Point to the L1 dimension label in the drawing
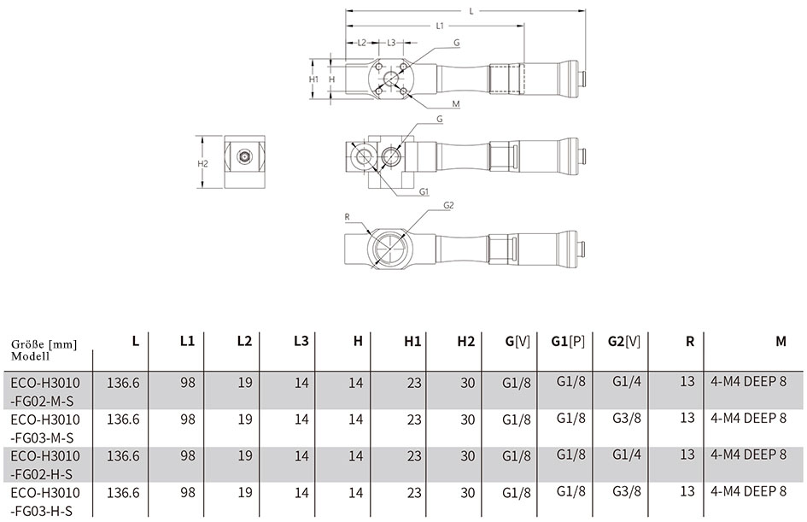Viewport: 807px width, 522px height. pos(440,26)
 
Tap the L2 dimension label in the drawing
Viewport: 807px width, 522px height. pos(362,43)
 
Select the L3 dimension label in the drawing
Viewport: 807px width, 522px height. pos(391,43)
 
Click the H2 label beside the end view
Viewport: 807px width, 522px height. pos(202,164)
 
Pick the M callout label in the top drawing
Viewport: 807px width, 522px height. pos(456,104)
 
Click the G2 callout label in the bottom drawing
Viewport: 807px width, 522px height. pos(449,205)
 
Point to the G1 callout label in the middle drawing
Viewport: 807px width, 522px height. pos(424,191)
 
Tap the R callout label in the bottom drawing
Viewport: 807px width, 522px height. pos(348,217)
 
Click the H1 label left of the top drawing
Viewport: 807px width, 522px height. pos(314,79)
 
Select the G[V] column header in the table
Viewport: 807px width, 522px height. pos(518,342)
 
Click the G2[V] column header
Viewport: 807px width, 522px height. pos(623,342)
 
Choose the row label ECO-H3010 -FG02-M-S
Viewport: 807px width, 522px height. pos(45,390)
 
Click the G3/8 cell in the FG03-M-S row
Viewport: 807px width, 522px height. pos(627,418)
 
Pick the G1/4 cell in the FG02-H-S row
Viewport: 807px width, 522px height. pos(627,455)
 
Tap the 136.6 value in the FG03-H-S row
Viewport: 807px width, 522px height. pos(123,493)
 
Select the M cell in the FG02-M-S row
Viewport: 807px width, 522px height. pos(749,381)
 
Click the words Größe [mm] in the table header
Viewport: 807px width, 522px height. pos(44,344)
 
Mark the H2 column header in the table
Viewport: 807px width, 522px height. pos(465,342)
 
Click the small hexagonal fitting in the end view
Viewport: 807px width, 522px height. pos(244,155)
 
